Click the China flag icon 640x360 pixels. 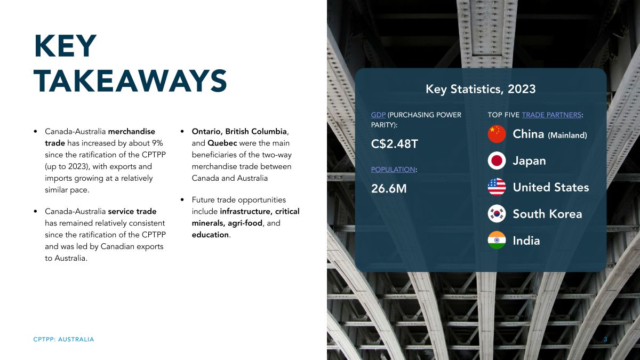(x=497, y=134)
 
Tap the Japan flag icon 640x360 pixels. (x=497, y=161)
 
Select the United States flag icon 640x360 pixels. (x=497, y=187)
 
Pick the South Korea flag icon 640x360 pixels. (x=497, y=214)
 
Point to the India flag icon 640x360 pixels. (x=497, y=241)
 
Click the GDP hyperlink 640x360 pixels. (x=378, y=115)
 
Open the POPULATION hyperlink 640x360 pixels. (x=393, y=170)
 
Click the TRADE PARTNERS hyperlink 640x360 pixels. (x=551, y=115)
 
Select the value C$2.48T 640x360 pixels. (x=395, y=143)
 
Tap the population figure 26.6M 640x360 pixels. (x=389, y=189)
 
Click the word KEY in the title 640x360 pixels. (x=66, y=46)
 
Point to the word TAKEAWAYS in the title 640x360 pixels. (x=130, y=81)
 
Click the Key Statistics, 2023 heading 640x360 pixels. (x=481, y=89)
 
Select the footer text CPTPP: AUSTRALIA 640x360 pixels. (x=63, y=339)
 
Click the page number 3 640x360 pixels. (x=605, y=339)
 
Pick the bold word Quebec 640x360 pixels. (x=222, y=143)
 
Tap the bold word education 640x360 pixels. (x=210, y=235)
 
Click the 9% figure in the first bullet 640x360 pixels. (x=157, y=143)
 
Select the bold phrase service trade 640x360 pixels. (x=132, y=211)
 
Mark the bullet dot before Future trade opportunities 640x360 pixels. (x=182, y=199)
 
